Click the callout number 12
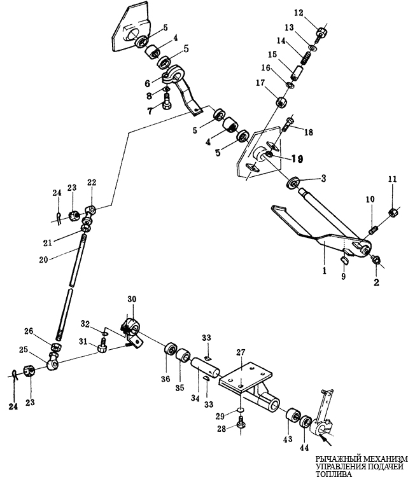tap(299, 13)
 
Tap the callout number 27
tap(241, 352)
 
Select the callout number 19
tap(297, 159)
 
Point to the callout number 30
tap(132, 299)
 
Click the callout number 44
tap(304, 447)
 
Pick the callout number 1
tap(325, 270)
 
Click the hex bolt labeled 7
tap(167, 102)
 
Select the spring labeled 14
tap(306, 57)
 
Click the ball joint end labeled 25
tap(53, 361)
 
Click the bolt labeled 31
tap(102, 348)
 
